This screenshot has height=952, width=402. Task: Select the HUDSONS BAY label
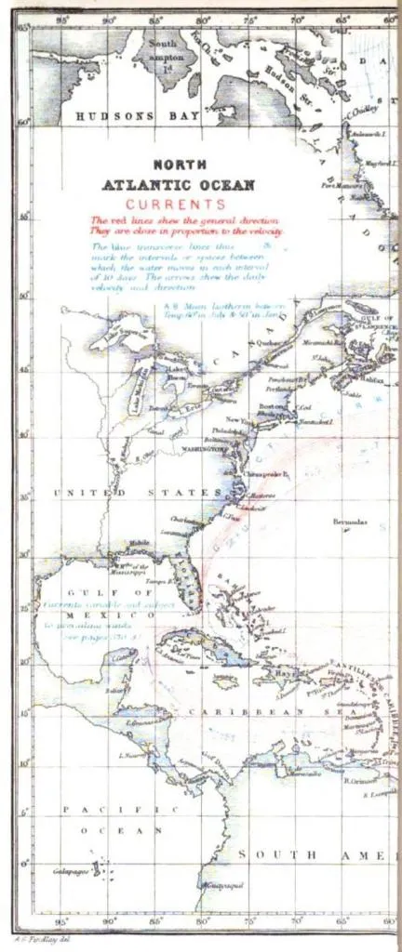coord(120,116)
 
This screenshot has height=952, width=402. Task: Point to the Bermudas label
coord(349,522)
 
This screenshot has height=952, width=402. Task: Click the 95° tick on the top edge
coord(61,19)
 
